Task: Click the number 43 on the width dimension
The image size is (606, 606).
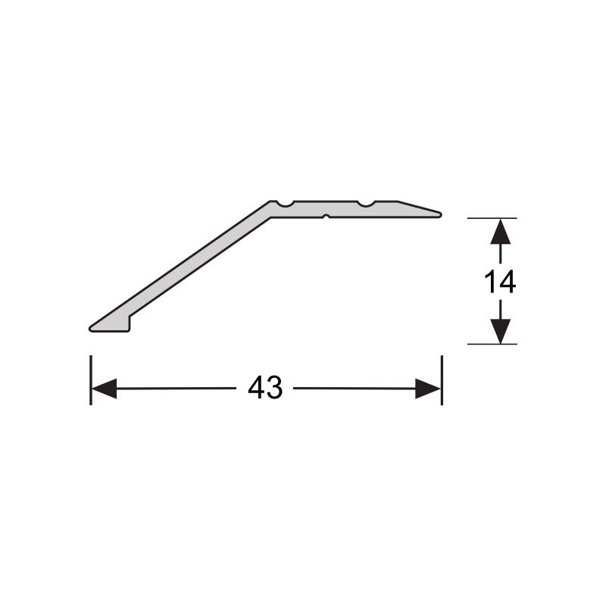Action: (265, 389)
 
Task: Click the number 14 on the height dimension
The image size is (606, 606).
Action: (500, 282)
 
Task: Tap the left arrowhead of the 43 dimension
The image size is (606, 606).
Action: (104, 389)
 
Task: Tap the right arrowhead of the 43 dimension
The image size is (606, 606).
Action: (429, 389)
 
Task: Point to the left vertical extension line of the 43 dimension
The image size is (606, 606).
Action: (91, 379)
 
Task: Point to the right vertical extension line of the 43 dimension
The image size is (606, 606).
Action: (441, 379)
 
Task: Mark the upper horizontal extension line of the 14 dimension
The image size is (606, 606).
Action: (492, 218)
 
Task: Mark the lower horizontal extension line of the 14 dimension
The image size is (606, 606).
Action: (492, 344)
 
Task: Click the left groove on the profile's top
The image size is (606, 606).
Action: (284, 204)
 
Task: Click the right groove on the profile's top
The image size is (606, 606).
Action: (366, 204)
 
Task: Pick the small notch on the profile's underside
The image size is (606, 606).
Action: (325, 217)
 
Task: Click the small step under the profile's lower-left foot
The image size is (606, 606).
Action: (130, 323)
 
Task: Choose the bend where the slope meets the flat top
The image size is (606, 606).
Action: (270, 209)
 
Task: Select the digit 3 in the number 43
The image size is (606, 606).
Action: (274, 389)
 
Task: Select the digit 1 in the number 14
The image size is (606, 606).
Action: (490, 282)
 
